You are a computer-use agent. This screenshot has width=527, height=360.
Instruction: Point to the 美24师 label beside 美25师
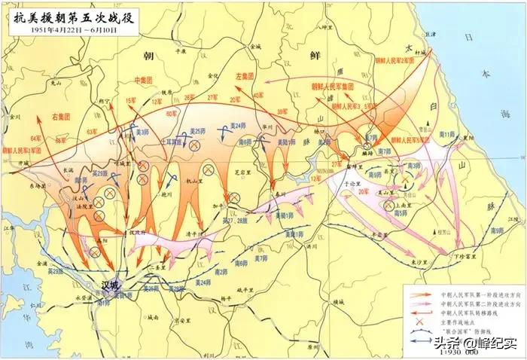pyautogui.click(x=239, y=125)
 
